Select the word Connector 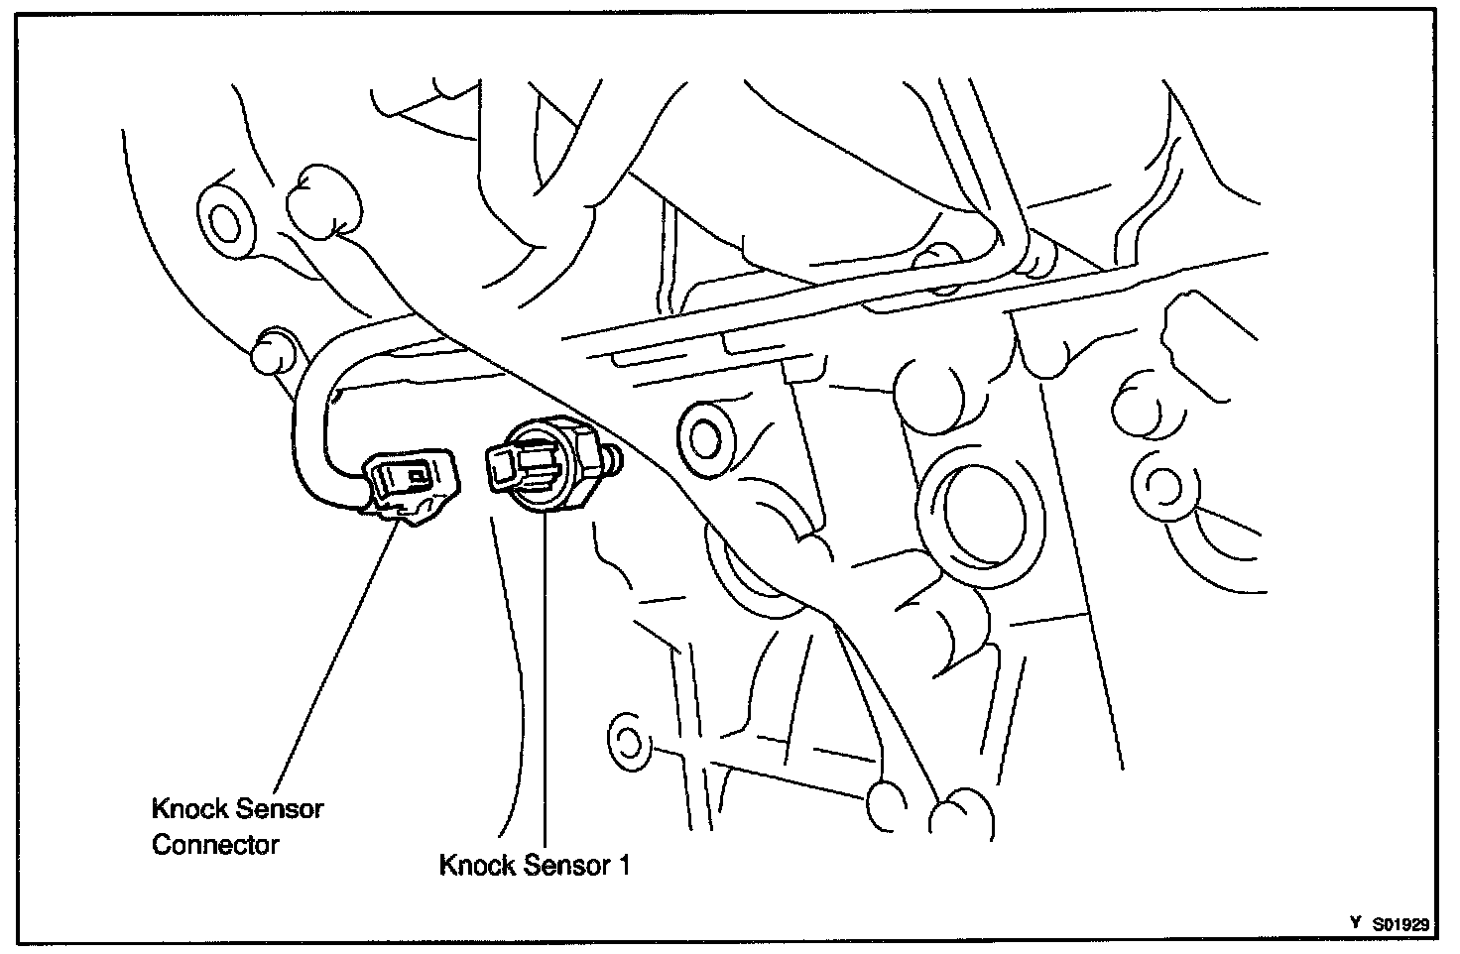[x=215, y=846]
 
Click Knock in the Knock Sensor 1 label [x=477, y=866]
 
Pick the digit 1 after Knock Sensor [x=624, y=866]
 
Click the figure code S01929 [x=1401, y=924]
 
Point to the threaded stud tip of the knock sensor [x=614, y=459]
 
